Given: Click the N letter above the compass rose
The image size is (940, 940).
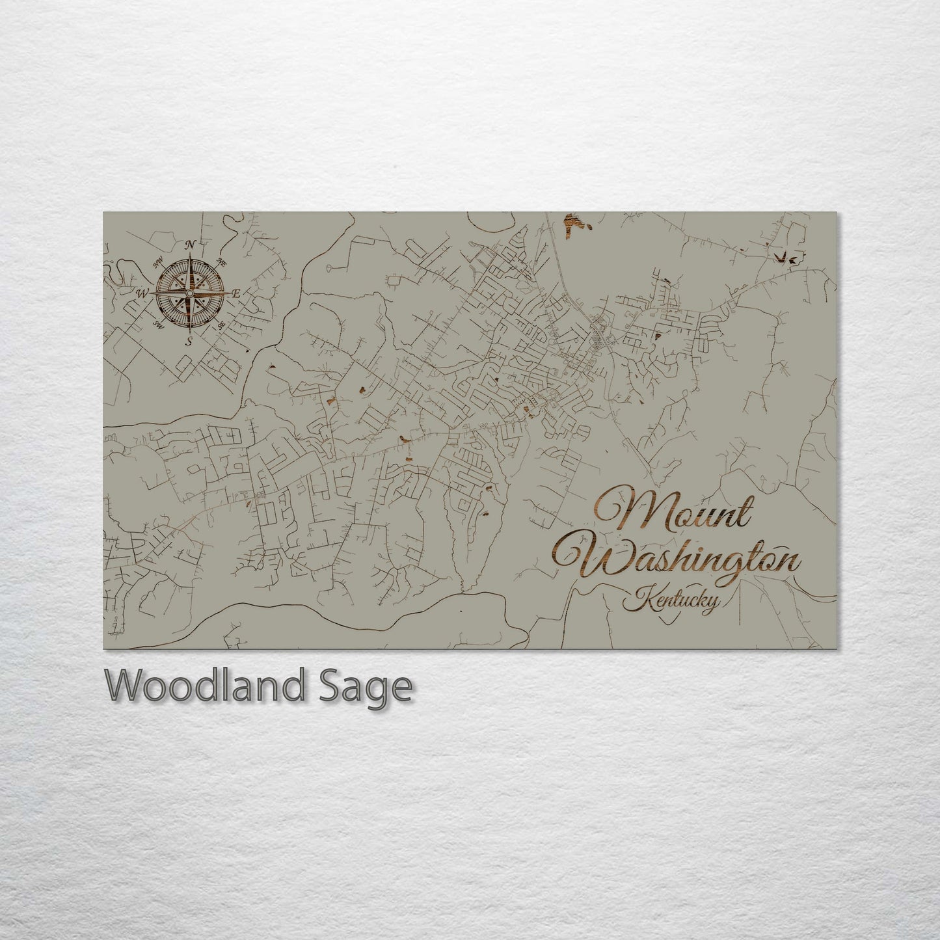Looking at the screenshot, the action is click(191, 245).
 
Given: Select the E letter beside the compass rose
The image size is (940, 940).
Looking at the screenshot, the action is click(236, 294).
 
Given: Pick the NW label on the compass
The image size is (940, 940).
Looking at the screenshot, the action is click(157, 263).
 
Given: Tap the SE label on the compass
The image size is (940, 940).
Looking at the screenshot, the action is click(221, 324).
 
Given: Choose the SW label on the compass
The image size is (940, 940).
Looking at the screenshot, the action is click(158, 323).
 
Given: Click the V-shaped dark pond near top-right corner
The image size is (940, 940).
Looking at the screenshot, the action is click(788, 258).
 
